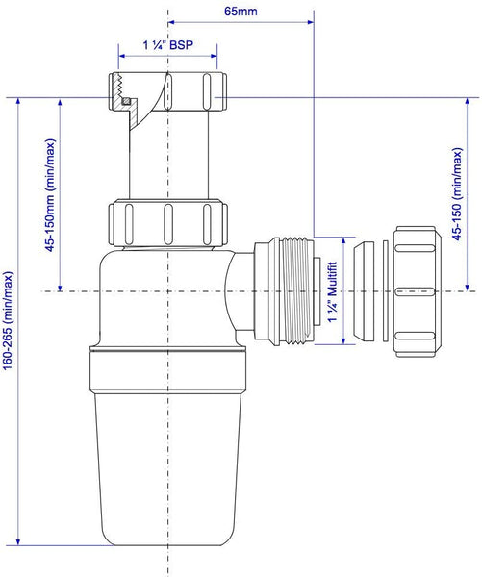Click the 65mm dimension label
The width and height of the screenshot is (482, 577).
coord(241,11)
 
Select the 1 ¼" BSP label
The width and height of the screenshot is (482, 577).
coord(168,45)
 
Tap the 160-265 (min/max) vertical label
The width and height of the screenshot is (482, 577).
coord(8,320)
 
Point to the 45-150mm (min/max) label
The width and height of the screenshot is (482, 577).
coord(50,195)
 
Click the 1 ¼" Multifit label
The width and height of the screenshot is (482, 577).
coord(333,291)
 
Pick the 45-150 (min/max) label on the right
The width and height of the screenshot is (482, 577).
coord(457,194)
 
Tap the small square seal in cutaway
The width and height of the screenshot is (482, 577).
coord(126,100)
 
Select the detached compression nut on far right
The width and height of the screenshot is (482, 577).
coord(417,291)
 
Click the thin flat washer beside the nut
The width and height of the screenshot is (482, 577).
coord(386,291)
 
